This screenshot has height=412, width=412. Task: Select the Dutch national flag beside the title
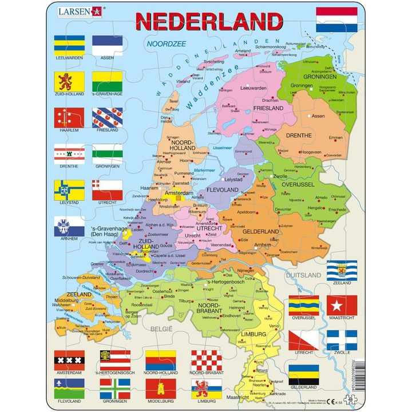point(337,20)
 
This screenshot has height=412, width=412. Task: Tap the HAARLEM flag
point(69,117)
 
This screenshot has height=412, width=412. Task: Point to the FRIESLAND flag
point(108,117)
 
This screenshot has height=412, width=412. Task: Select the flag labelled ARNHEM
point(69,226)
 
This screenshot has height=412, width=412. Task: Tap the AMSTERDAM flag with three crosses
point(69,360)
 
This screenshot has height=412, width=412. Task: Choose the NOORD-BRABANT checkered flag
point(206,360)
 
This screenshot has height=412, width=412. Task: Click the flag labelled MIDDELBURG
point(160,389)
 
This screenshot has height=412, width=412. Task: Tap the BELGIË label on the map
point(161,328)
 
